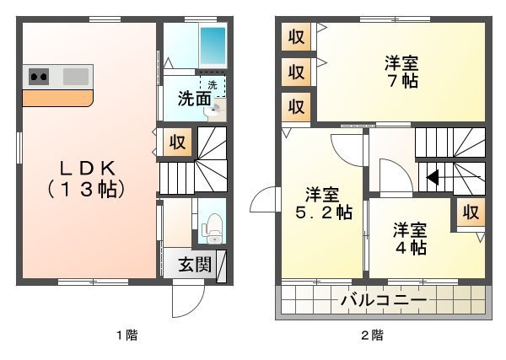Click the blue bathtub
click(213, 46)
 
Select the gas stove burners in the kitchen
click(39, 77)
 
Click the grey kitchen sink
click(76, 77)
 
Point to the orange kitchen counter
click(57, 99)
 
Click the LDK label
click(87, 179)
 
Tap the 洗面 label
click(195, 99)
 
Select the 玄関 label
click(195, 264)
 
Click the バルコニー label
click(384, 300)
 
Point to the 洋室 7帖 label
click(401, 72)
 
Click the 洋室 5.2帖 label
click(323, 203)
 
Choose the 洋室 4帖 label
click(410, 239)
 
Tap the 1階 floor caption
click(127, 336)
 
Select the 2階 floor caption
click(373, 336)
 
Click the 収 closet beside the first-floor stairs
click(177, 142)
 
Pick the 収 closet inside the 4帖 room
click(471, 212)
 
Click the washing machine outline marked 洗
click(213, 86)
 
